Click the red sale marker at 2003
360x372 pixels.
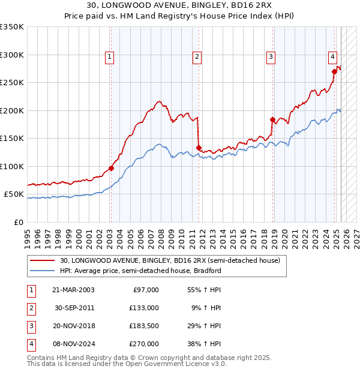pos(111,168)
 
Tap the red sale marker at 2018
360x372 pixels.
pos(272,119)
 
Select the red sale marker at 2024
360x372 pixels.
pos(334,71)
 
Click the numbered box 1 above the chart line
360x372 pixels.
pos(110,57)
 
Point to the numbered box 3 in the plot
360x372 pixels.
pos(271,57)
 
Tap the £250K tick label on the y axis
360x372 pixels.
pos(12,83)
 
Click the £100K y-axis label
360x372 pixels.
pos(12,166)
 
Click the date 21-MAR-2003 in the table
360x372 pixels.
pos(73,290)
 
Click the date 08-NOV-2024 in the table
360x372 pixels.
pos(73,344)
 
